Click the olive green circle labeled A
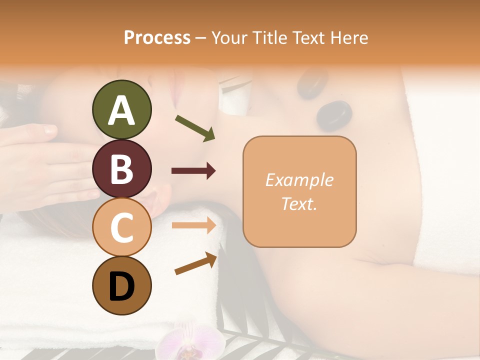[121, 109]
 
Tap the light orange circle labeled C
[121, 227]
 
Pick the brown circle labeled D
[121, 285]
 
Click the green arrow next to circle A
[195, 128]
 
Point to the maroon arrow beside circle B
[194, 171]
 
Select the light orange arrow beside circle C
[194, 225]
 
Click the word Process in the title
[157, 37]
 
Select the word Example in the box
[299, 180]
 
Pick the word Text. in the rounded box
[299, 203]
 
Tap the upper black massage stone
[312, 82]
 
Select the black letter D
[121, 286]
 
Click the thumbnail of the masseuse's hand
[49, 131]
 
